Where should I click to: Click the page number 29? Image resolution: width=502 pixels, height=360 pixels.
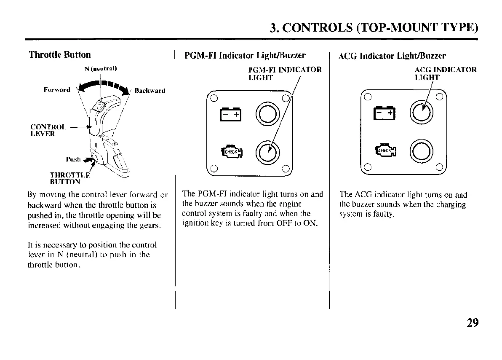(x=473, y=323)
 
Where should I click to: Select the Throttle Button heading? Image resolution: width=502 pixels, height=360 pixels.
(x=59, y=55)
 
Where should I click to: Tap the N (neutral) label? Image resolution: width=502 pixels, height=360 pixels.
(x=100, y=68)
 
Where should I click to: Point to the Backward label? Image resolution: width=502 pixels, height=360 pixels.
(x=150, y=91)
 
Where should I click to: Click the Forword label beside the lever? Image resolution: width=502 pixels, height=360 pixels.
(x=57, y=90)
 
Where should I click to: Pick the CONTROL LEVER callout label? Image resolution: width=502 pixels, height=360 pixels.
(x=43, y=130)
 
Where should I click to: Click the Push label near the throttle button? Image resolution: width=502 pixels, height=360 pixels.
(x=73, y=159)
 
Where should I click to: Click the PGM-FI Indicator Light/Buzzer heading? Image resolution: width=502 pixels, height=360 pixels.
(x=245, y=56)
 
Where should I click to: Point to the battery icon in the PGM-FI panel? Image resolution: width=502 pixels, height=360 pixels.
(x=231, y=114)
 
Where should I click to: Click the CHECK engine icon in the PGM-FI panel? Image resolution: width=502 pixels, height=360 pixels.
(x=231, y=151)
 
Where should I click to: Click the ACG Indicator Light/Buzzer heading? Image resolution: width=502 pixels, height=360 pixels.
(x=392, y=56)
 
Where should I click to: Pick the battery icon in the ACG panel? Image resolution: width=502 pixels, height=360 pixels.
(x=385, y=113)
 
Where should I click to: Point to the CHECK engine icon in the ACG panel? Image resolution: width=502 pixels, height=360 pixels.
(x=385, y=150)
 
